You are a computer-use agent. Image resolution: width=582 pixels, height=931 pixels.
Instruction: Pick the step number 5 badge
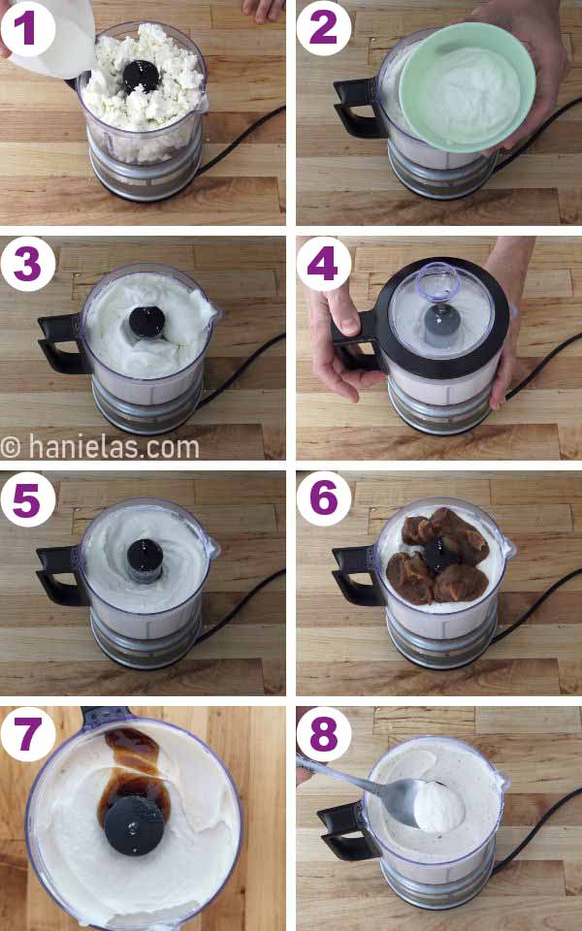(27, 498)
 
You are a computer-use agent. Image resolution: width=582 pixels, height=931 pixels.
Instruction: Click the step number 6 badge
(324, 498)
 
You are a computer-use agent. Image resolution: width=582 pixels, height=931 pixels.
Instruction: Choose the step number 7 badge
(27, 734)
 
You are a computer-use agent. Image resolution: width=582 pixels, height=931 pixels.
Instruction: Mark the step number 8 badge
(324, 734)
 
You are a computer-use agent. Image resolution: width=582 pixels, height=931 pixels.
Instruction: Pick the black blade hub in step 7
(133, 829)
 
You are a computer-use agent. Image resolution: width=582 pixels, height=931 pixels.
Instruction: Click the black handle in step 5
(58, 572)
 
